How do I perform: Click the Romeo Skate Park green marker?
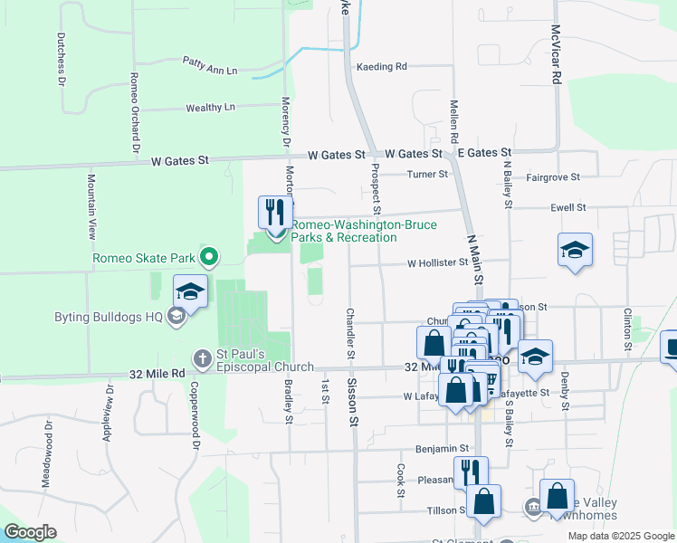coord(210,259)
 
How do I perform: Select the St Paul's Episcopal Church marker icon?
coord(202,357)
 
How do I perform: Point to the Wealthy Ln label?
coord(210,108)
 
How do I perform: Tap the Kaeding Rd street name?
coord(382,66)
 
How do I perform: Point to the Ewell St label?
coord(568,207)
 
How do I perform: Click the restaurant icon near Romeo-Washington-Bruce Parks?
coord(272,213)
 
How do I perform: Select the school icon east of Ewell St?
coord(574,249)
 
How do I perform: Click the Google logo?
coord(30,532)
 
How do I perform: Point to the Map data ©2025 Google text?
coord(620,535)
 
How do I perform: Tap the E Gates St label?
coord(484,153)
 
